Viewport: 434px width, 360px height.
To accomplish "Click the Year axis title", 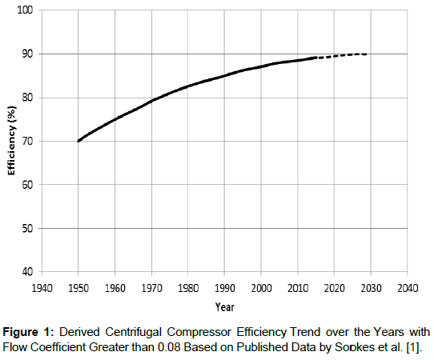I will click(224, 306).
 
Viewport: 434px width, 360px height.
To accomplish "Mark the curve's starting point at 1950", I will click(78, 141).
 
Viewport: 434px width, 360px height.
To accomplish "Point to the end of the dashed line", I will click(367, 54).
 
